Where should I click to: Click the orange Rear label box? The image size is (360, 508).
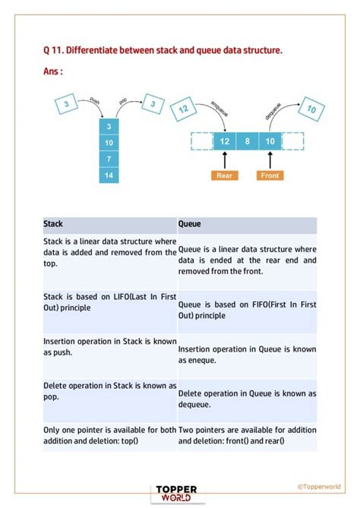click(x=224, y=175)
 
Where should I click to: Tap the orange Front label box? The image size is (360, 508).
click(x=270, y=175)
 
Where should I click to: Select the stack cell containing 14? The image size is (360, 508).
click(x=109, y=175)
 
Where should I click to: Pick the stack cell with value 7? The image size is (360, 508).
click(x=109, y=159)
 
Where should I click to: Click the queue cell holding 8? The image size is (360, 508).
click(x=247, y=141)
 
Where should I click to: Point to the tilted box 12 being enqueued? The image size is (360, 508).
click(x=183, y=111)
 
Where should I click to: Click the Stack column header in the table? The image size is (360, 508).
click(x=109, y=225)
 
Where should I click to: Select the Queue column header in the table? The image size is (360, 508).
click(x=247, y=225)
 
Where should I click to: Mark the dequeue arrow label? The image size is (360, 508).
click(x=274, y=111)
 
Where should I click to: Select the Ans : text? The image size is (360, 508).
click(x=53, y=71)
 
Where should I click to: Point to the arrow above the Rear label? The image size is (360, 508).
click(x=224, y=159)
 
